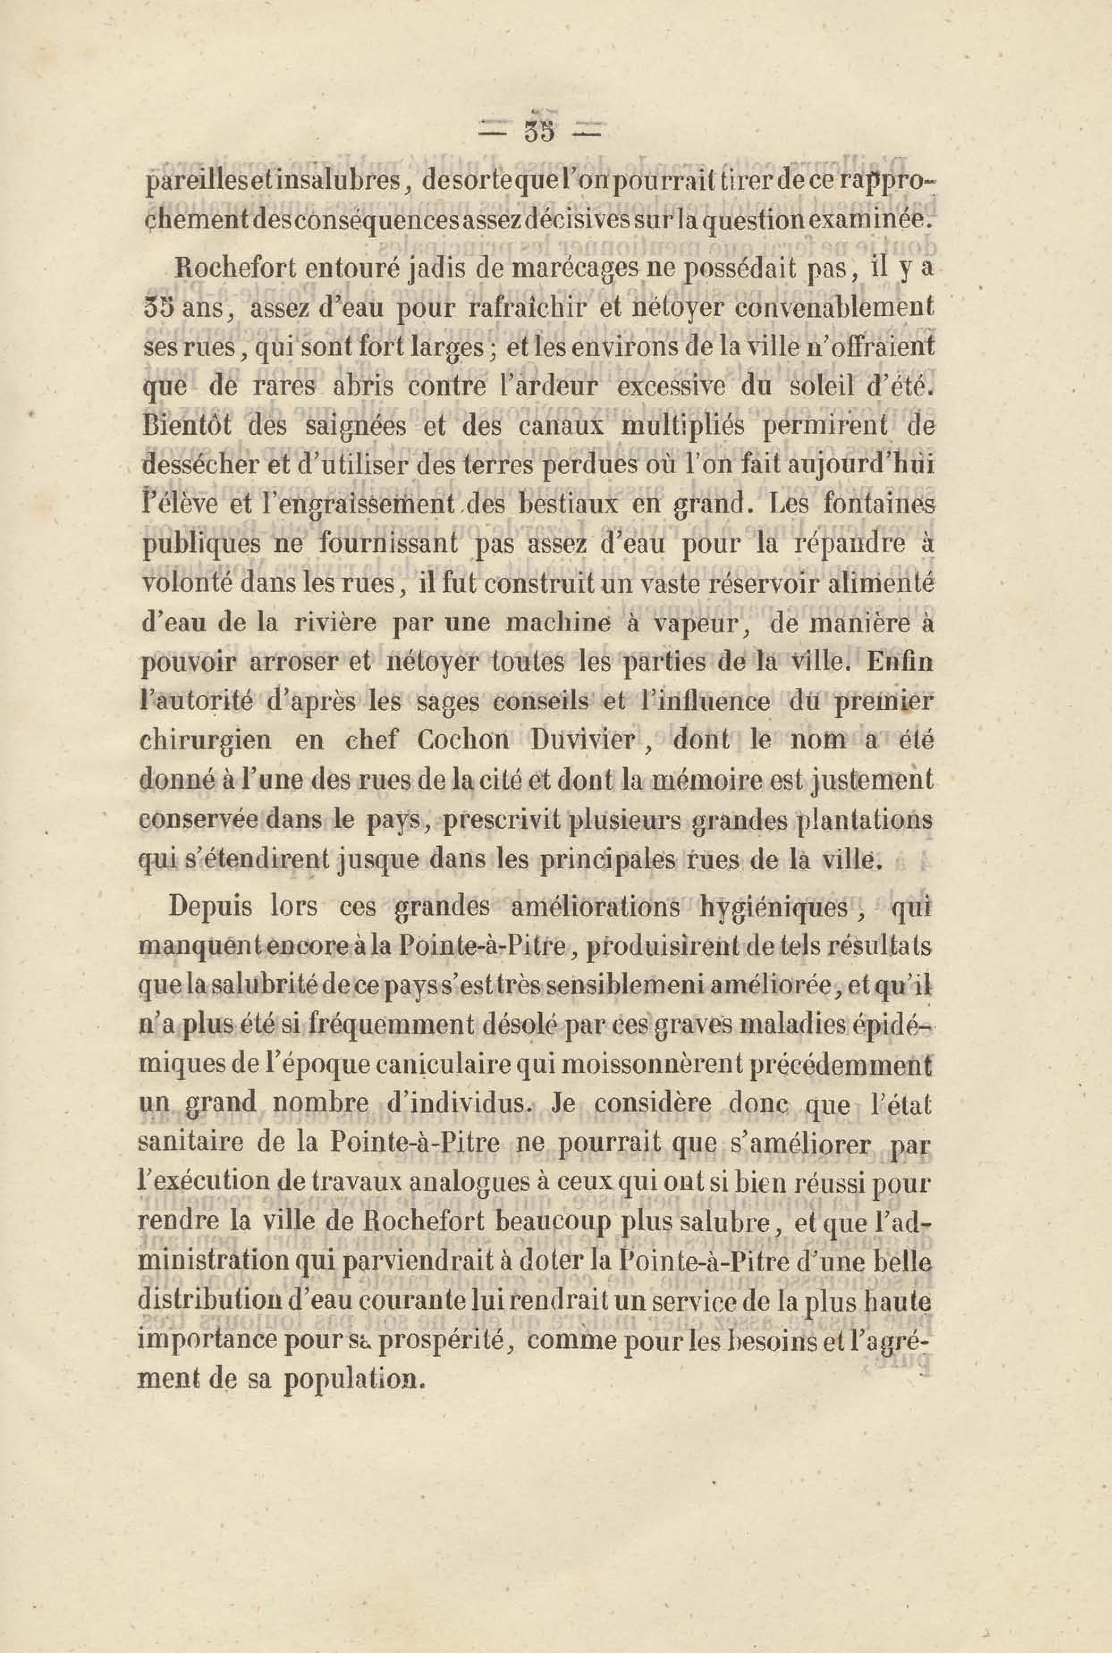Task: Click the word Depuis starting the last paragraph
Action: [208, 909]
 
